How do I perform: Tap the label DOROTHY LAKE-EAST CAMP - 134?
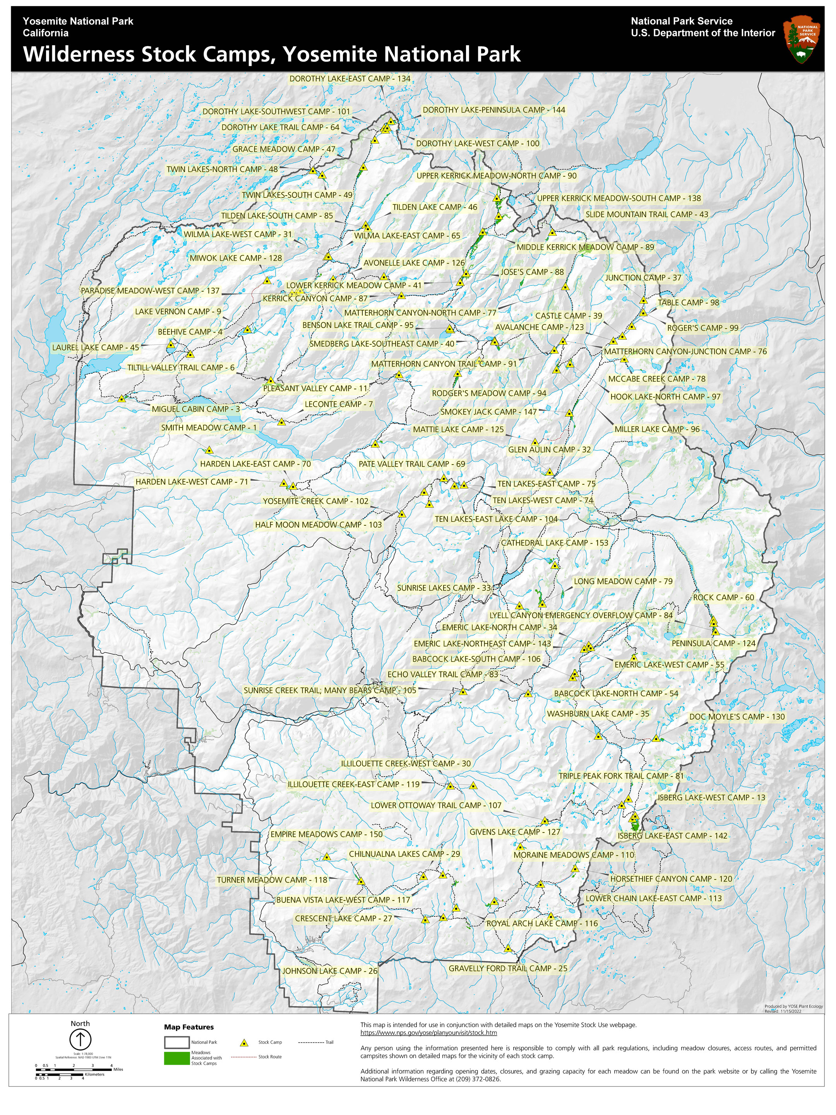350,79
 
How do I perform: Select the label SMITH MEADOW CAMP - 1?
209,427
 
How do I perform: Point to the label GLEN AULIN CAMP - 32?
549,449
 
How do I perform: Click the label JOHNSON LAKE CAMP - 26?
330,971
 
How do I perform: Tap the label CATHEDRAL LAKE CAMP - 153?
554,543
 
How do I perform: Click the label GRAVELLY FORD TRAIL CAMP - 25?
508,968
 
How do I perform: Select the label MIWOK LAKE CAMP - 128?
236,258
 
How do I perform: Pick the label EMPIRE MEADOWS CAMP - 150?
327,834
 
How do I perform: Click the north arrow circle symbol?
80,1040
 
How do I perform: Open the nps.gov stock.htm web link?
428,1032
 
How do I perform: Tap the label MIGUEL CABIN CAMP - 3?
195,409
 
